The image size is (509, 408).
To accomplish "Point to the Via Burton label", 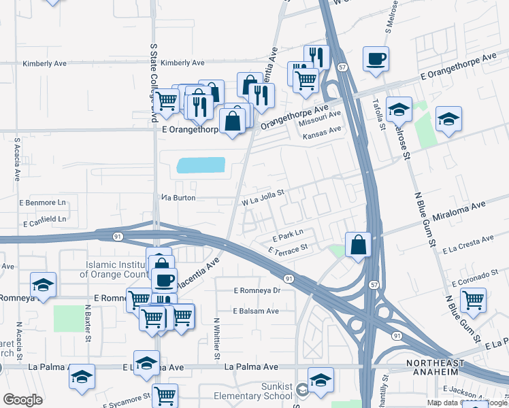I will [179, 198].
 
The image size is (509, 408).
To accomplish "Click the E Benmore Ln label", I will [44, 203].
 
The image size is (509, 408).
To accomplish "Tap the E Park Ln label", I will [286, 236].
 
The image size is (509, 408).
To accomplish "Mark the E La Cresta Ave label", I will [467, 245].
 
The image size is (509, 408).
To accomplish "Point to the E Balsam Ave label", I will [255, 311].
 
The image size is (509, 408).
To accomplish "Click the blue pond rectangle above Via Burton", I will [200, 165].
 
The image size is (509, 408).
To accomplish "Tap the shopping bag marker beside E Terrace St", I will [358, 244].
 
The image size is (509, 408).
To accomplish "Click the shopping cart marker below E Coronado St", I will [473, 299].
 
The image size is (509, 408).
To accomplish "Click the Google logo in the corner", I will [22, 399].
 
